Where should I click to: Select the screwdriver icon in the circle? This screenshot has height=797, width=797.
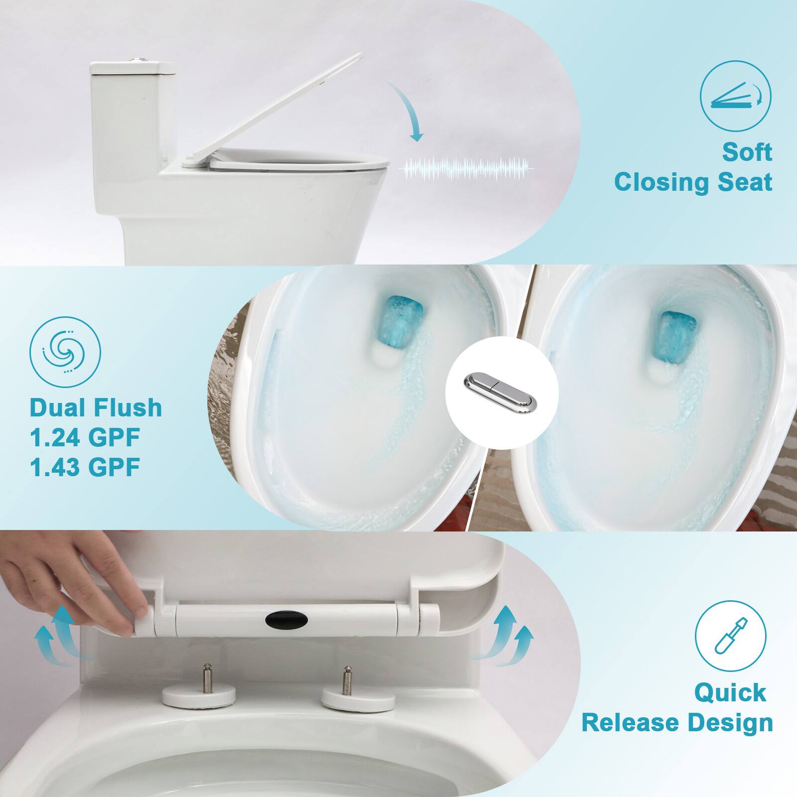pyautogui.click(x=730, y=634)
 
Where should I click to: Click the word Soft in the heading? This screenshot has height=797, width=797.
pyautogui.click(x=747, y=152)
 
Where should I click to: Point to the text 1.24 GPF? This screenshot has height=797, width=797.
pyautogui.click(x=85, y=437)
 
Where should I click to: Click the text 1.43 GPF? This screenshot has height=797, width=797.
pyautogui.click(x=85, y=467)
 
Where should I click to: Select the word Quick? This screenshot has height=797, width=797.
pyautogui.click(x=730, y=692)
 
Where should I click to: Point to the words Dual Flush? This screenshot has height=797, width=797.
pyautogui.click(x=96, y=408)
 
